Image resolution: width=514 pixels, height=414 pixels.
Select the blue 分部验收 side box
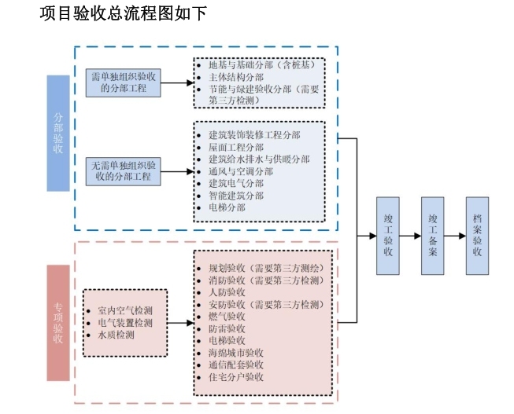coord(58,133)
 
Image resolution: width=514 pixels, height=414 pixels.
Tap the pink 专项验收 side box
coord(58,322)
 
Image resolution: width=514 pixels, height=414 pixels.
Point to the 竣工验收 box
coord(387,235)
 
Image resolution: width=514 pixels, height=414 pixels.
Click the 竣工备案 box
coord(432,235)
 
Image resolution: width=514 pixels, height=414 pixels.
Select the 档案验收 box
coord(477,235)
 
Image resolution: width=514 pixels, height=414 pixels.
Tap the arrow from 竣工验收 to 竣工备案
coord(410,235)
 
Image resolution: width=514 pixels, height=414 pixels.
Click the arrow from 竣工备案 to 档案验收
coord(455,235)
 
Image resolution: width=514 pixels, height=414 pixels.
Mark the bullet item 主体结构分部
coord(235,78)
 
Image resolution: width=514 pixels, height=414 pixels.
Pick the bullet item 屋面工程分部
coord(236,147)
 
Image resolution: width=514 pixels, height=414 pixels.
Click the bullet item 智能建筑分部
coord(236,195)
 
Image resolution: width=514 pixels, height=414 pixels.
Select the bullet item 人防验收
coord(227,291)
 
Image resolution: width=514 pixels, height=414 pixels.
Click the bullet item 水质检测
coord(116,335)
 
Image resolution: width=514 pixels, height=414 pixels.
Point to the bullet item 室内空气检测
coord(125,311)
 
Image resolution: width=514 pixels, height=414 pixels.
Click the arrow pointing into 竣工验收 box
coord(367,235)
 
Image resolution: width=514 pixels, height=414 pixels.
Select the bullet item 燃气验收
coord(227,316)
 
